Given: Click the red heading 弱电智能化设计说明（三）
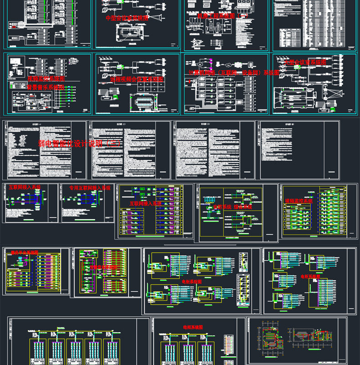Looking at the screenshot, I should tap(80, 143).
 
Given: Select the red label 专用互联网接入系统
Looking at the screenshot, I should tap(90, 188).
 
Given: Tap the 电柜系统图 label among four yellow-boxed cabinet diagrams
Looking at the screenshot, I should tap(192, 282).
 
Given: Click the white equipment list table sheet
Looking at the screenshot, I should tap(314, 25).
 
